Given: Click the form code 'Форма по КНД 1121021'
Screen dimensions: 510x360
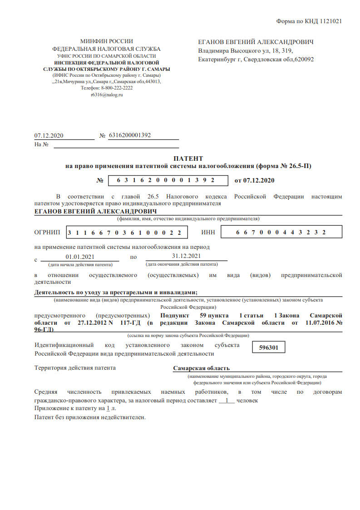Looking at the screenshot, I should click(309, 21).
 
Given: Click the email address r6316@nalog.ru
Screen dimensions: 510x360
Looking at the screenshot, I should click(107, 94).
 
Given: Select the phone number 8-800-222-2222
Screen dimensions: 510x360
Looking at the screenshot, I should click(118, 88).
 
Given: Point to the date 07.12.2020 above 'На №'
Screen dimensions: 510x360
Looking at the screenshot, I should click(49, 135).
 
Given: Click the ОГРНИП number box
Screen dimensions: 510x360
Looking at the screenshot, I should click(127, 233).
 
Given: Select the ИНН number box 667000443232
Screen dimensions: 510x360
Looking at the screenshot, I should click(281, 233).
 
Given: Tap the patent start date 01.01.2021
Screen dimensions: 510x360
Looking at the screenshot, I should click(79, 257).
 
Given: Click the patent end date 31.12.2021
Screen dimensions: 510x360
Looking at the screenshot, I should click(186, 256).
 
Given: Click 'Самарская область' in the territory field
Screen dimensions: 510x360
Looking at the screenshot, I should click(201, 368).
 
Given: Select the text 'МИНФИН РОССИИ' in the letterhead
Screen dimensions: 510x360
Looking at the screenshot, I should click(107, 41).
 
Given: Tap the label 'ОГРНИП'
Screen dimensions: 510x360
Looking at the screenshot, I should click(47, 233).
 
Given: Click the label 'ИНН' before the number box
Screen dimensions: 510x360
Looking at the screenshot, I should click(207, 233).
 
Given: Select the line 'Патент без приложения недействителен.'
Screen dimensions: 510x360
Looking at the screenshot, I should click(90, 417).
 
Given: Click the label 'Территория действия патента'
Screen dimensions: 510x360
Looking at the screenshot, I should click(75, 368).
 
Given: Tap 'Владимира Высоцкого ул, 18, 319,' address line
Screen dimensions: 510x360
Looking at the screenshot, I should click(245, 50).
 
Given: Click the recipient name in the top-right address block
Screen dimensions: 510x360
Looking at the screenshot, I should click(256, 42).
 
